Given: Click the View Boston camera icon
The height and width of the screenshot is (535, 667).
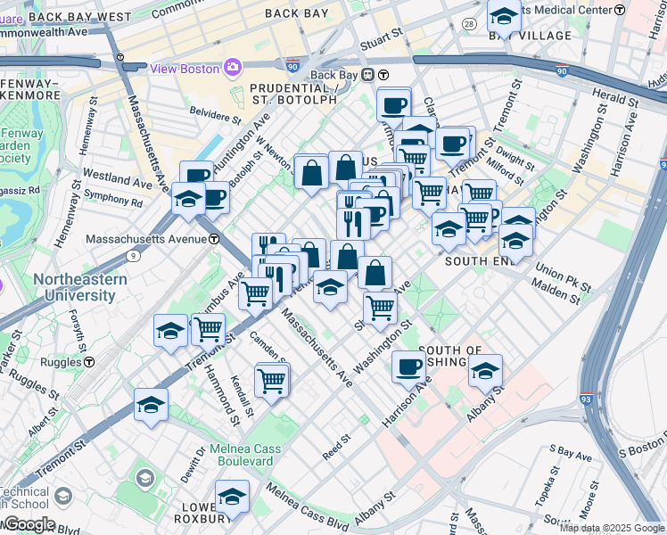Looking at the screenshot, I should click(x=234, y=68).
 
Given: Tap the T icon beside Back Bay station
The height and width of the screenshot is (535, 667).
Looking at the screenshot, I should click(x=382, y=75).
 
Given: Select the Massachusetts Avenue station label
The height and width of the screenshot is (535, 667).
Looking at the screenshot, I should click(x=146, y=239).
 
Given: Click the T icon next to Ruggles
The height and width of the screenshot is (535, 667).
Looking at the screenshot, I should click(x=89, y=362).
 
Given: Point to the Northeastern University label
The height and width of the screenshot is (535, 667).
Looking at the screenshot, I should click(x=80, y=287).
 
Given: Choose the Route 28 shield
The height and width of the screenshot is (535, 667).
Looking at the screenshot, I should click(x=468, y=27).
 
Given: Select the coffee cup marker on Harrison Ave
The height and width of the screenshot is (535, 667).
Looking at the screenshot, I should click(x=409, y=366).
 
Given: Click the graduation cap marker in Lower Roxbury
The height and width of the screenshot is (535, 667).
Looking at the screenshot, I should click(x=232, y=496).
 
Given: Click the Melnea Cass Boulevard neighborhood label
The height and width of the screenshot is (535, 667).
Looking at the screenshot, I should click(x=242, y=455).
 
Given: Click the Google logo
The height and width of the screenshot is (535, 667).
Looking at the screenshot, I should click(x=29, y=524).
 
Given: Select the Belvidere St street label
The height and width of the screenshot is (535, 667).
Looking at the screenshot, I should click(x=215, y=117).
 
